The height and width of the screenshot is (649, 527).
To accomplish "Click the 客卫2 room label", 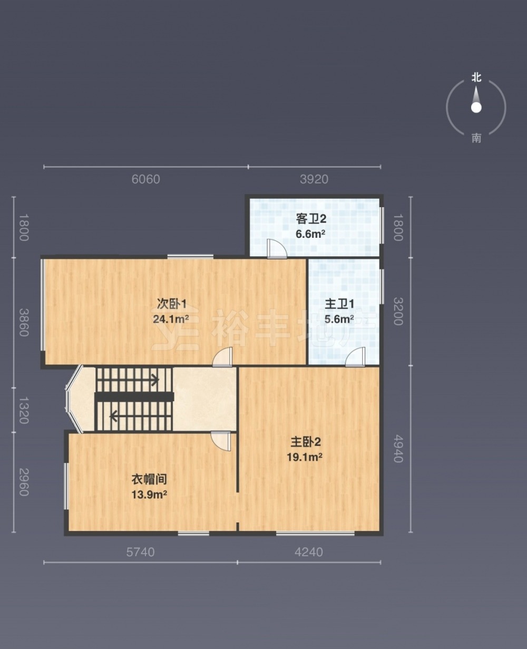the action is [x=311, y=219].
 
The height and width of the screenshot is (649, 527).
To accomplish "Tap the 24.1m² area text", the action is [x=171, y=319].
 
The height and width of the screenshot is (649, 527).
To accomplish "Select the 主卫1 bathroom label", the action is [x=339, y=304].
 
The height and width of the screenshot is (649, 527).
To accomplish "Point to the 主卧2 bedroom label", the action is [x=306, y=442].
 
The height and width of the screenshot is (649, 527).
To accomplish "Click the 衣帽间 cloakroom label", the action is [x=149, y=479].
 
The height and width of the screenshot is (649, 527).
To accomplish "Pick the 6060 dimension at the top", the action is [x=145, y=179].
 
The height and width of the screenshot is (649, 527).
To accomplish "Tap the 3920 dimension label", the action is [x=314, y=179].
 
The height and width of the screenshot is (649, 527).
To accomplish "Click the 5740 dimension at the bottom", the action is [x=140, y=552].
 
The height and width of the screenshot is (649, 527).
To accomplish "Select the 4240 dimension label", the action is [x=309, y=552].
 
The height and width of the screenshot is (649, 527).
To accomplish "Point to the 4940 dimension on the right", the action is [x=398, y=449].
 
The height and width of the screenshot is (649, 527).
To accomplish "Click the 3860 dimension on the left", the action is [x=24, y=322].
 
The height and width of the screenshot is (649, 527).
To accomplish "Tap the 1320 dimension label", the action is [x=24, y=410].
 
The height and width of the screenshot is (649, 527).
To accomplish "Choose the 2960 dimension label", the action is [x=24, y=482].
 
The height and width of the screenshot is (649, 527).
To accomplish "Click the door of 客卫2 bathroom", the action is [x=277, y=249].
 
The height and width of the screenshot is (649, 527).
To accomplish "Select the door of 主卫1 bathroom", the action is [x=355, y=356].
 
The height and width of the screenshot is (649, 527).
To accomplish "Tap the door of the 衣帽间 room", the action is [x=221, y=441].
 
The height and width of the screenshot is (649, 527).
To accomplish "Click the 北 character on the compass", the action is [x=476, y=77].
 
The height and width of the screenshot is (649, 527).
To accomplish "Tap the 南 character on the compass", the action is [x=476, y=138].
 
